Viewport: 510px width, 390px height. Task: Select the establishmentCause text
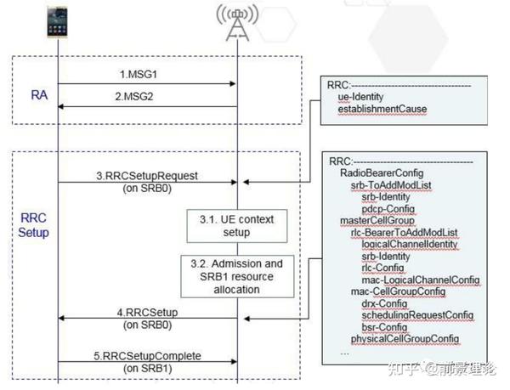click(x=381, y=110)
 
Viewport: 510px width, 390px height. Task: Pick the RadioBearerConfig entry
click(x=377, y=170)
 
